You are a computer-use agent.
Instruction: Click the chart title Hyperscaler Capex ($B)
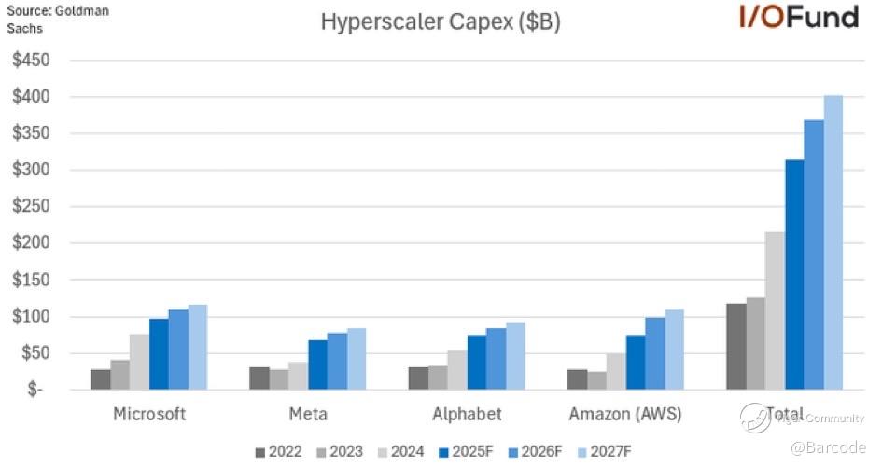[441, 22]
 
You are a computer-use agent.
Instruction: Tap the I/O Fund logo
[798, 17]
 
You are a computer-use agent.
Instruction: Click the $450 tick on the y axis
[31, 61]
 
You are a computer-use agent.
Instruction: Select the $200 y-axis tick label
[31, 243]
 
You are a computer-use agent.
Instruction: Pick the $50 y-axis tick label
[35, 353]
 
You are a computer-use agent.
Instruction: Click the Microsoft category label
[149, 415]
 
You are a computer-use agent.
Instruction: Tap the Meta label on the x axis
[308, 415]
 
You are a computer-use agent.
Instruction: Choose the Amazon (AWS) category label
[626, 415]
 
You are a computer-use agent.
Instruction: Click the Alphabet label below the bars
[467, 415]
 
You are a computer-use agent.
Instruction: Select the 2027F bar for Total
[833, 242]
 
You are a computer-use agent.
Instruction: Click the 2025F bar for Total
[794, 274]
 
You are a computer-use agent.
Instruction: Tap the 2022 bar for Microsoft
[101, 379]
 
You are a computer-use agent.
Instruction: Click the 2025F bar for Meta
[317, 364]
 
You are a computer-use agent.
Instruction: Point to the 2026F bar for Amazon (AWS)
[654, 353]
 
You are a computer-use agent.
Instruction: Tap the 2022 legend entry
[279, 452]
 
